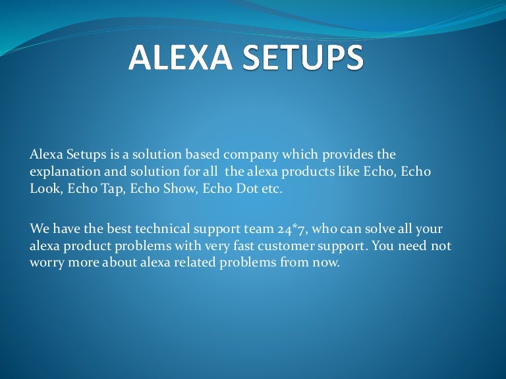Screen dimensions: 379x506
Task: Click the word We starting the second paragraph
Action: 38,230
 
